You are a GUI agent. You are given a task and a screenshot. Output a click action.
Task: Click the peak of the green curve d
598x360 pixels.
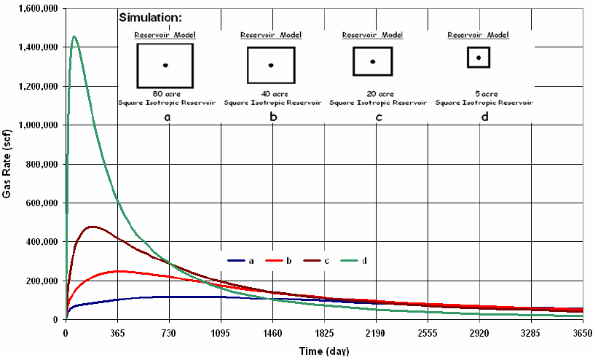74,36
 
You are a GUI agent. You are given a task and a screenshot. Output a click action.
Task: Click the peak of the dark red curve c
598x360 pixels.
92,227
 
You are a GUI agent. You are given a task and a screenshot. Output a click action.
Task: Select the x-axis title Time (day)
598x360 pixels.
324,351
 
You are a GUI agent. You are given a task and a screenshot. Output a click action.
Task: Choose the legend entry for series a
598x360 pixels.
240,259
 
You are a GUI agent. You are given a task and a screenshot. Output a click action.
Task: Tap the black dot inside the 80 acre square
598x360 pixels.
165,66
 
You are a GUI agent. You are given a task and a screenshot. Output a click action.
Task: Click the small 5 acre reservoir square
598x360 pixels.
479,58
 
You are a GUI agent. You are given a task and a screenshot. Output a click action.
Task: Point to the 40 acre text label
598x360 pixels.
271,94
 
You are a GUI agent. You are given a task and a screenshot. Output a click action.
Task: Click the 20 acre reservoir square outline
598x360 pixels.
373,49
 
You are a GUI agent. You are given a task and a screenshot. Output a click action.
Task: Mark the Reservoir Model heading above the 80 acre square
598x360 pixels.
165,35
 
